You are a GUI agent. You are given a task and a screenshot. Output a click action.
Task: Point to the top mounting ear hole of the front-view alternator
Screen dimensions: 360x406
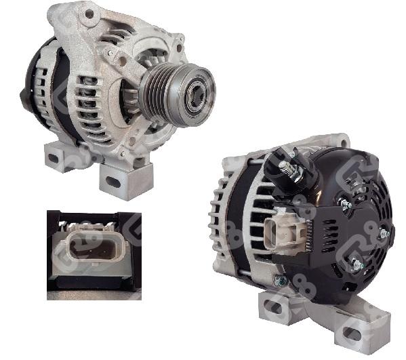(x=89, y=13)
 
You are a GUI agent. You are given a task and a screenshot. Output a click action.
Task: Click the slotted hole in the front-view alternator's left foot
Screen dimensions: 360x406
(x=54, y=158)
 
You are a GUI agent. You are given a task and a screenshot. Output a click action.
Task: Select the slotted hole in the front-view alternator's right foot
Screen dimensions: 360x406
(x=113, y=181)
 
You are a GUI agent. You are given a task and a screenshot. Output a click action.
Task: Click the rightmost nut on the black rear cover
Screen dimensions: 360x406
(x=384, y=233)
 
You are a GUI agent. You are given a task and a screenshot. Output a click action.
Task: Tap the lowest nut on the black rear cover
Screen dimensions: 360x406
(x=355, y=265)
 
